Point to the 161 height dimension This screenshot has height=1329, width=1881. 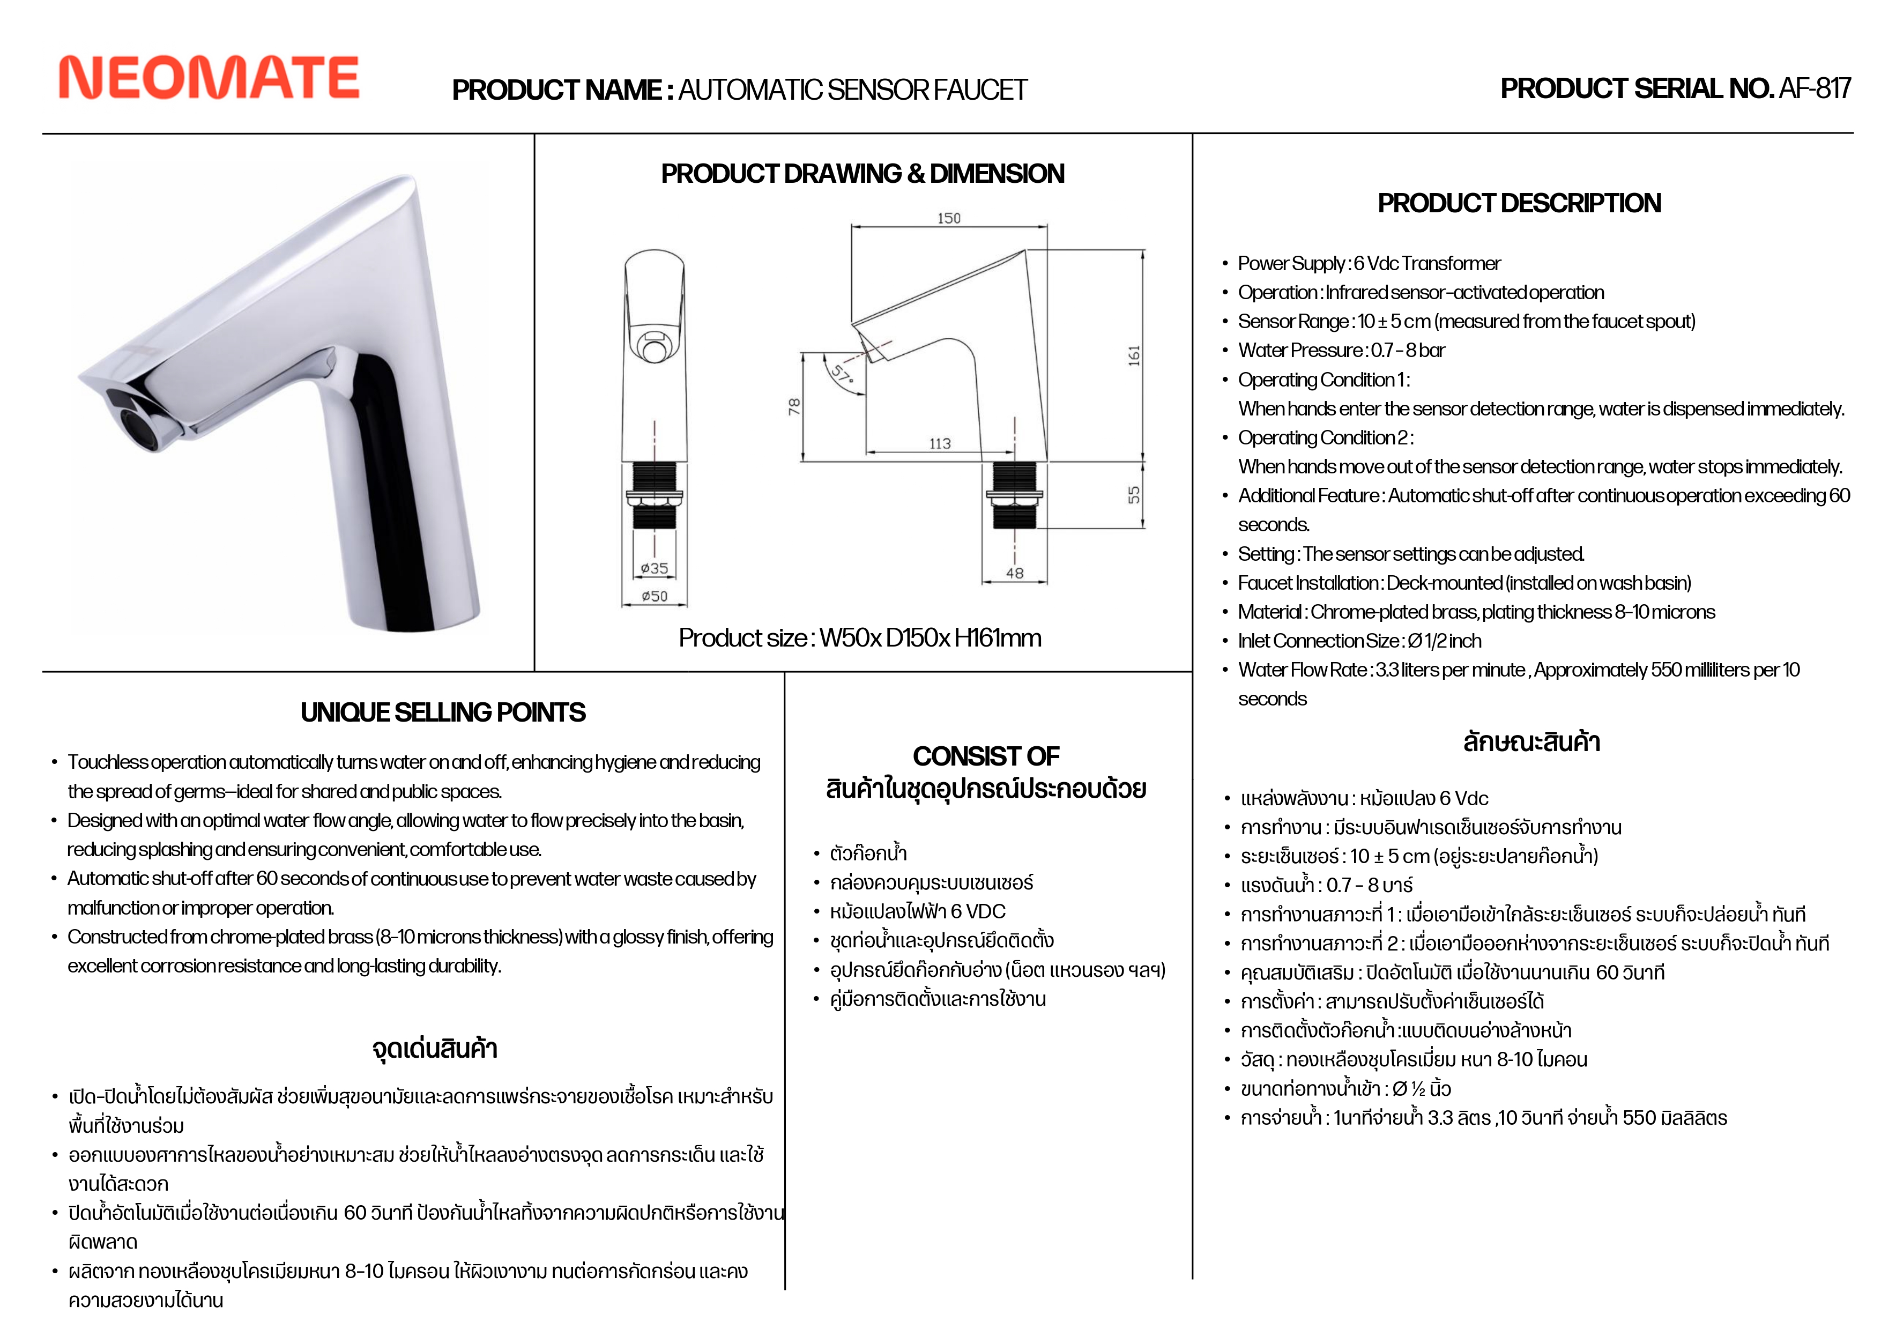(1134, 355)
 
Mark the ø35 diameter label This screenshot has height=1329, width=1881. (654, 568)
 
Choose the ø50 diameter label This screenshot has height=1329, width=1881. (654, 596)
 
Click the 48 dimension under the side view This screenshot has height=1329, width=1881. (1014, 573)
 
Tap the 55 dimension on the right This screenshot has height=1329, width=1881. (1134, 495)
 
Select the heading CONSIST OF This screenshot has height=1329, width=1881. (986, 755)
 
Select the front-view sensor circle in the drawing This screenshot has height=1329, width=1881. (654, 351)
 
